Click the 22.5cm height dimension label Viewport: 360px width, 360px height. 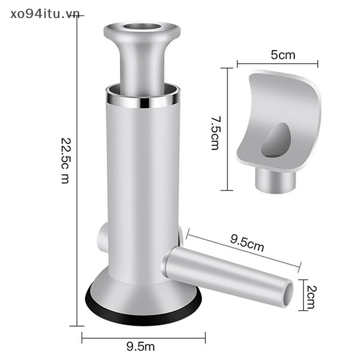coord(65,161)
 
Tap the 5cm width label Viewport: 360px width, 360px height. coord(283,55)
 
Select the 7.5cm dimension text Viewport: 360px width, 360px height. coord(216,133)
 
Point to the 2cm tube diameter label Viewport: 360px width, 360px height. coord(311,297)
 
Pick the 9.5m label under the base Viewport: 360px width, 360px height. coord(140,346)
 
